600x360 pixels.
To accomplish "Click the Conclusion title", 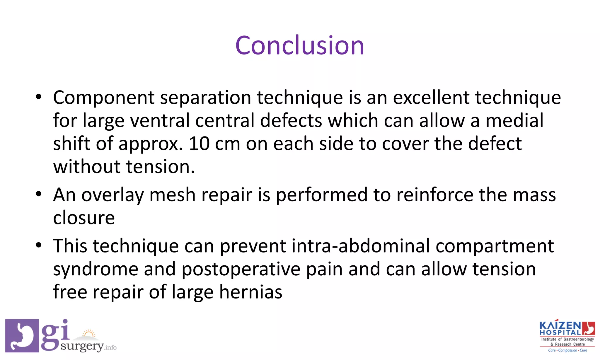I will point(299,45).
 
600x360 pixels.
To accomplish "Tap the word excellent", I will point(431,97).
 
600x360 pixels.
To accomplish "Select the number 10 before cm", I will point(199,144).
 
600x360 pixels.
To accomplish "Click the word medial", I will point(514,120).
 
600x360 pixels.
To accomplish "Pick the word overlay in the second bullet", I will point(112,195).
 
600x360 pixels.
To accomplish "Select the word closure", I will point(84,218).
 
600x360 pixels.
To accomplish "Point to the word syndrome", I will point(96,270).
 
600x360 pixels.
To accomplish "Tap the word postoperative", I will point(241,270).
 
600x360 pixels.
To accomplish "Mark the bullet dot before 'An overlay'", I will point(39,194).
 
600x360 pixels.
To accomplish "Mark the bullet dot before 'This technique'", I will point(39,245).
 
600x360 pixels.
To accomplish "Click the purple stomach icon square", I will point(22,335).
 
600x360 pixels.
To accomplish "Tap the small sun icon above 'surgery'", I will point(89,334).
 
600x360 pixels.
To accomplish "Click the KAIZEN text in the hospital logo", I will point(560,326).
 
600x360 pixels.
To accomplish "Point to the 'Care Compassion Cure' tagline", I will point(567,350).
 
